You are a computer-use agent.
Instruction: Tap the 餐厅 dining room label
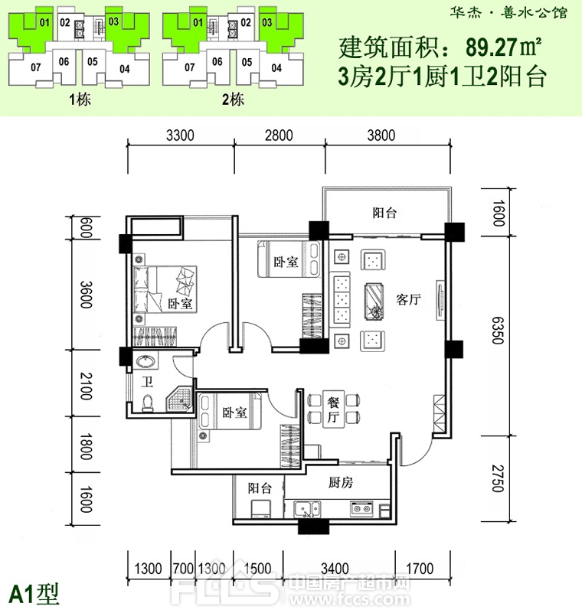333,407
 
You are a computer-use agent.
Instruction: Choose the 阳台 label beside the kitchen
259,487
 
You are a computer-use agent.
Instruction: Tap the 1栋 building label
79,100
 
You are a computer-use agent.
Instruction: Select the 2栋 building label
232,100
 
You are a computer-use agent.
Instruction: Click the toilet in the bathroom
148,403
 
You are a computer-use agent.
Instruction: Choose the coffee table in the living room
375,300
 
